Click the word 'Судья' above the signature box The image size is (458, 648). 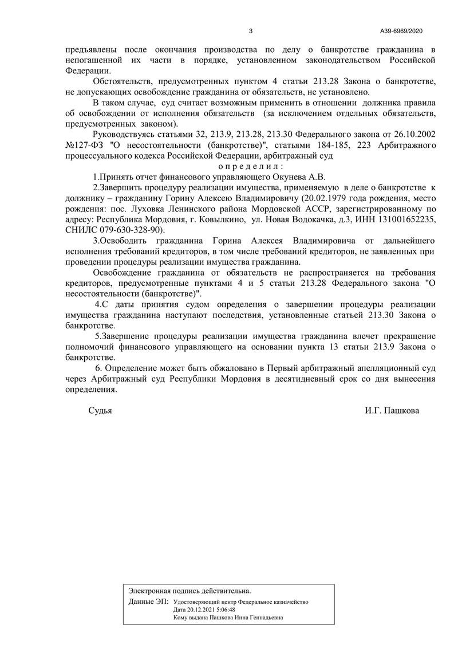pos(100,411)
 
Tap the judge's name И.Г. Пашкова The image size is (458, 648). pos(391,411)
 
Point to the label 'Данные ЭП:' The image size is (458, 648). pos(148,602)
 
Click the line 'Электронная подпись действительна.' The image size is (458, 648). pos(189,590)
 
